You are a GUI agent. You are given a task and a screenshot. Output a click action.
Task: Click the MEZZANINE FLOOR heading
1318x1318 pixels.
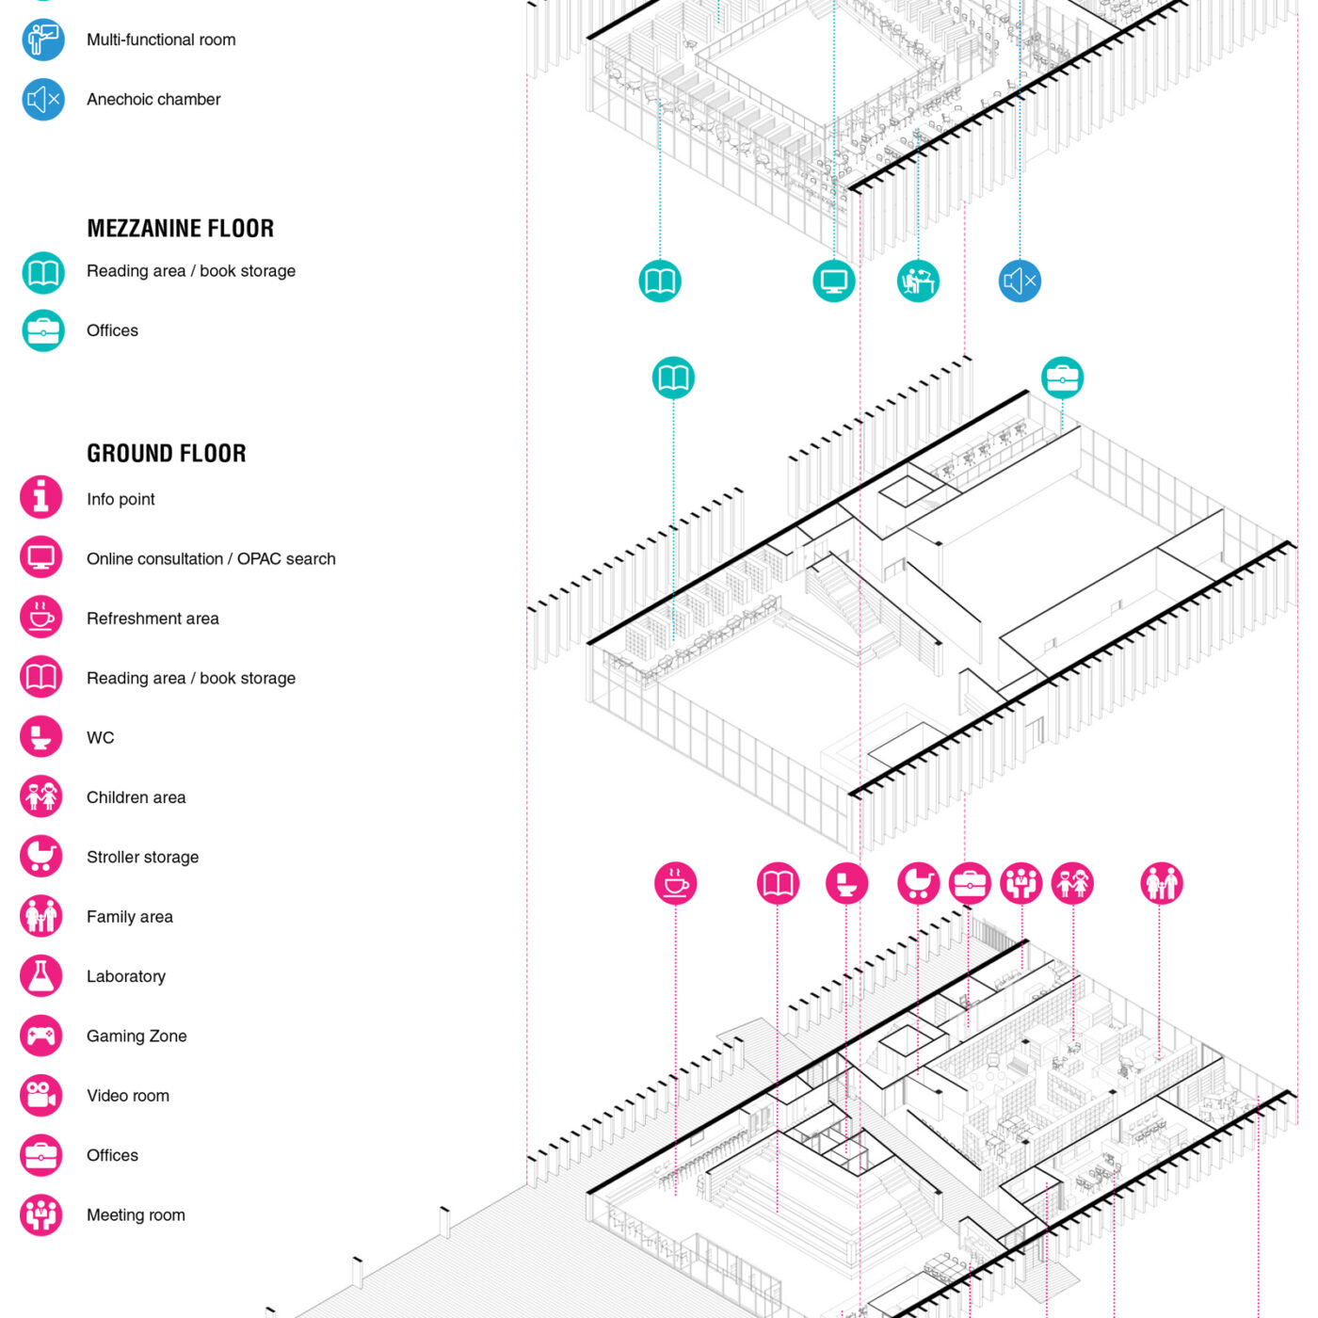[180, 229]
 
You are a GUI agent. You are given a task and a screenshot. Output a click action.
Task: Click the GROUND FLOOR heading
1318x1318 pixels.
[167, 454]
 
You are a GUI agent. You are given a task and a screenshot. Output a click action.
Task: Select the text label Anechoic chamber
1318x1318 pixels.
[153, 99]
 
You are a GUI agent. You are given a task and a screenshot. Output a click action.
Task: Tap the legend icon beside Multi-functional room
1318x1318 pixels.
[43, 40]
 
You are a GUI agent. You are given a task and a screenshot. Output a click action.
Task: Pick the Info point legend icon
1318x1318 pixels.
[41, 497]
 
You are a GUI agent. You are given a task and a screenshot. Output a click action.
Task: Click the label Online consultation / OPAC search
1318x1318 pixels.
[211, 559]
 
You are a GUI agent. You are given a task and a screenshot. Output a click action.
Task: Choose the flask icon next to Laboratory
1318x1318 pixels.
[41, 976]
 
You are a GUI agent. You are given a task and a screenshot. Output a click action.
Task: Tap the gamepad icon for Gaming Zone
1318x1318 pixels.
[41, 1036]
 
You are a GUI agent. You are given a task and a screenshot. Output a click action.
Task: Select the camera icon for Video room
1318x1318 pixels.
[41, 1095]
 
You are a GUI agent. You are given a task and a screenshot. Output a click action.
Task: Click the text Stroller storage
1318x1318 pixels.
[142, 857]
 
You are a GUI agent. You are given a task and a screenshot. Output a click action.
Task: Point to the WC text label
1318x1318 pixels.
[100, 737]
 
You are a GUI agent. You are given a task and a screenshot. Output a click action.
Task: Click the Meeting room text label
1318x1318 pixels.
[136, 1214]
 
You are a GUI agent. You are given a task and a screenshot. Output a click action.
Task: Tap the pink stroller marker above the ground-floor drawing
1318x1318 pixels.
[918, 883]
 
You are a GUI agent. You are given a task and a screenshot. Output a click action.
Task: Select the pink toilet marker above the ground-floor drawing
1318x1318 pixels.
[846, 883]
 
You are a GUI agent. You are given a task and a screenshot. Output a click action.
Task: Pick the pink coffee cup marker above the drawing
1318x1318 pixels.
[676, 883]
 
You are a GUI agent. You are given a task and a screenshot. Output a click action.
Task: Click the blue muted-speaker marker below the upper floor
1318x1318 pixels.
[1020, 281]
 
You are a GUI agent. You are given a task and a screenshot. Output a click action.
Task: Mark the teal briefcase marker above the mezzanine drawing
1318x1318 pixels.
[1062, 378]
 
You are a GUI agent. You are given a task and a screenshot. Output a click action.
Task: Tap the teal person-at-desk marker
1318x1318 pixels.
[918, 281]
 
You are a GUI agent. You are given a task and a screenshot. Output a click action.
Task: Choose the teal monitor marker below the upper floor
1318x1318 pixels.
[834, 281]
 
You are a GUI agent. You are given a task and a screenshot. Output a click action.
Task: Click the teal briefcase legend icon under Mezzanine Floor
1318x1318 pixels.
[43, 330]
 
